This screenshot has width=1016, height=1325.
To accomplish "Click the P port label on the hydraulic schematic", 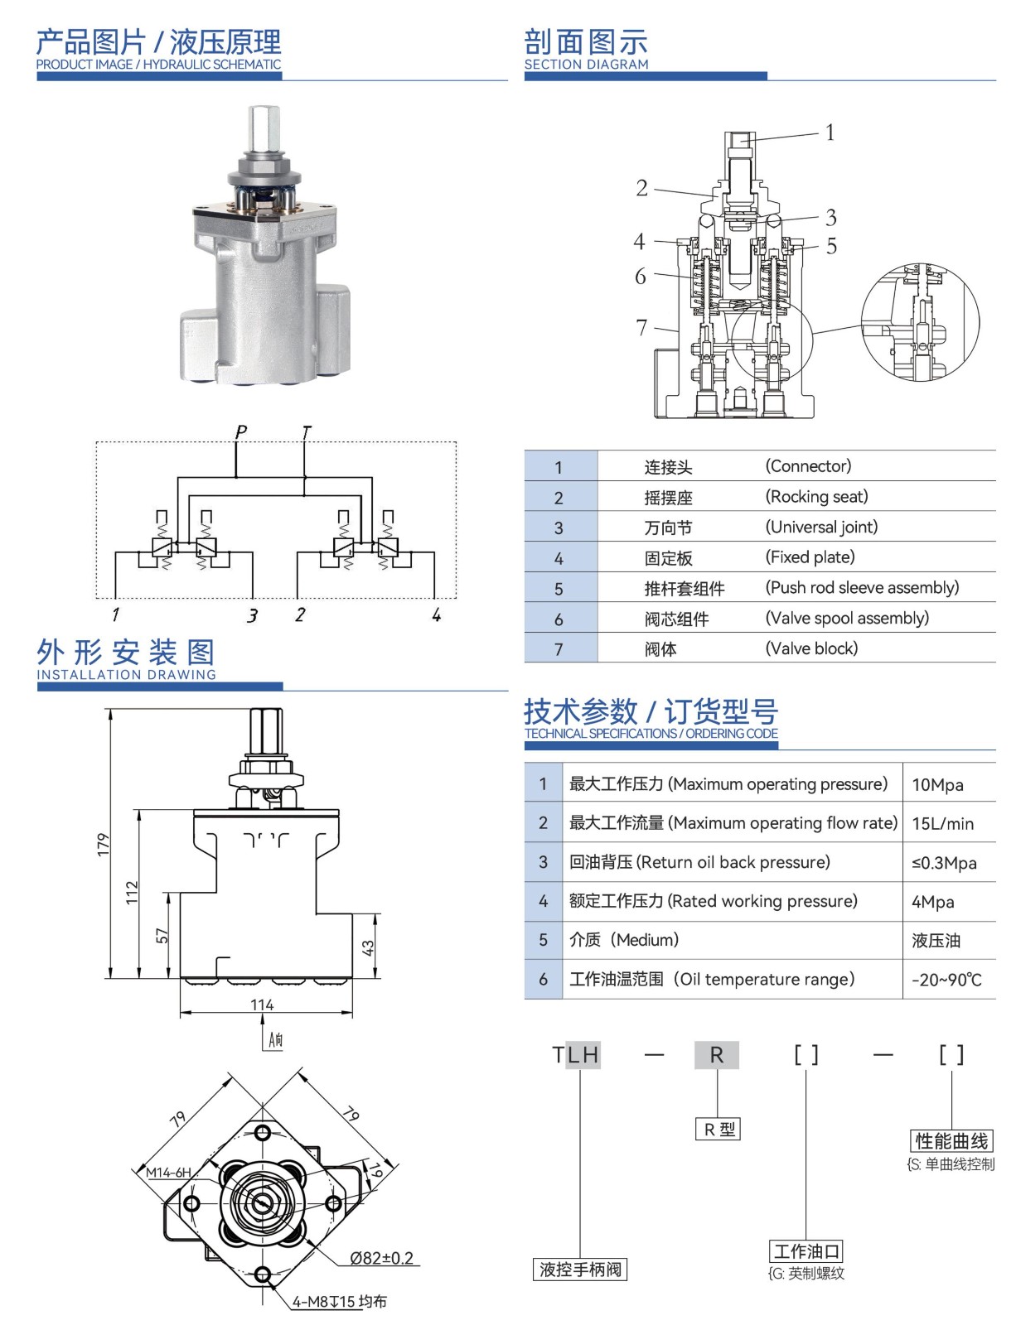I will click(x=241, y=431).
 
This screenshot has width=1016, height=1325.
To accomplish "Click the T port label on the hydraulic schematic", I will click(x=307, y=432).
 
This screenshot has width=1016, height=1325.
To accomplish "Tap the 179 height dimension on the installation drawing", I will click(x=103, y=844).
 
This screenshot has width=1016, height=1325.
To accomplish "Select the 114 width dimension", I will click(x=262, y=1005).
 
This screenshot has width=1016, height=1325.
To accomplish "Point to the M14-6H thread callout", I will click(x=168, y=1172).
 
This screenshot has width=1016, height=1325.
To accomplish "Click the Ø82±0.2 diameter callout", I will click(x=381, y=1258).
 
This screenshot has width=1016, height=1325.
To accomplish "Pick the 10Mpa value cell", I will click(x=937, y=785).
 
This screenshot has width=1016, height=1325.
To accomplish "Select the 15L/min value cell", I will click(x=942, y=824).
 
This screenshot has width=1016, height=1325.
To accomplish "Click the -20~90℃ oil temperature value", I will click(x=946, y=980).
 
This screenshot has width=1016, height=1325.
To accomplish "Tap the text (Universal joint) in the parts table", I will click(x=821, y=527).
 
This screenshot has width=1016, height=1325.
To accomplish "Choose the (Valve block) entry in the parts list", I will click(x=811, y=648).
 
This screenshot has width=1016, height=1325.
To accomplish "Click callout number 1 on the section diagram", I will click(x=830, y=132).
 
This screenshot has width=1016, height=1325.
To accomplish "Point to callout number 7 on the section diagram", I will click(x=641, y=327).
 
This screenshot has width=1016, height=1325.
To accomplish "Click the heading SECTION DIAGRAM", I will click(x=586, y=65).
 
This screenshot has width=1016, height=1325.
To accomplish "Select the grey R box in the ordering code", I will click(x=717, y=1054).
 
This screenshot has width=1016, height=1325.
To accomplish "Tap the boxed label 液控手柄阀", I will click(x=580, y=1270).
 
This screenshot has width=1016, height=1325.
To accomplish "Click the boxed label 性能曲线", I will click(x=951, y=1141).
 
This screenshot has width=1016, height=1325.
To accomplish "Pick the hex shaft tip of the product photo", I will click(x=264, y=124).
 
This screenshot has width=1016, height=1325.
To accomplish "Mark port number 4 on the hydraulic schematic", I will click(x=436, y=614).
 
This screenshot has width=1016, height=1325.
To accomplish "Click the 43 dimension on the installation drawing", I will click(x=368, y=947).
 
